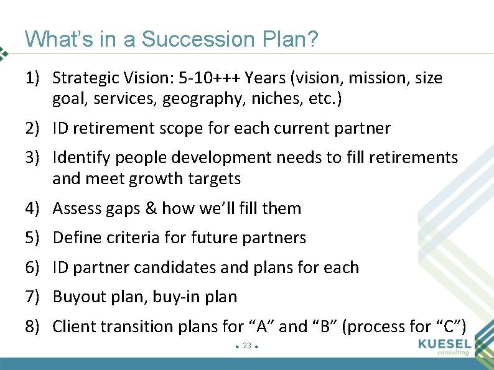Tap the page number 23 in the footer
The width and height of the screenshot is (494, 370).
point(247,345)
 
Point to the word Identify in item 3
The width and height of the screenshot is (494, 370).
point(78,158)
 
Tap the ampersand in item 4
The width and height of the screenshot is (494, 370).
point(151,208)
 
